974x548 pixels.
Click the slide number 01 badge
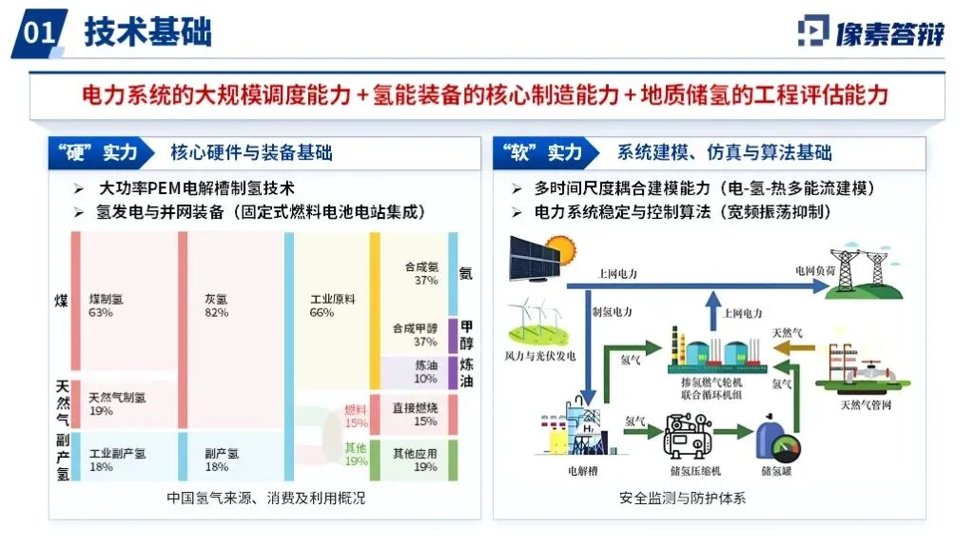point(40,32)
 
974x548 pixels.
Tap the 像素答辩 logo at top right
point(870,31)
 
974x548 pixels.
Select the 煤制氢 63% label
point(107,305)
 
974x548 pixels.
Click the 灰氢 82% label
point(216,305)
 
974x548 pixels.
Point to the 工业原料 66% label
point(333,305)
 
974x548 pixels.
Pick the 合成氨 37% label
point(420,274)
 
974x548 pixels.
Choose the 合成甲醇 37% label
point(416,335)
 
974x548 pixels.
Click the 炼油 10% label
point(424,372)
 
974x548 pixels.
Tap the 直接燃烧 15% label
point(416,414)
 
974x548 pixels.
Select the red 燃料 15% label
point(356,416)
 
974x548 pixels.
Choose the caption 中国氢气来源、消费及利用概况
point(265,498)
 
